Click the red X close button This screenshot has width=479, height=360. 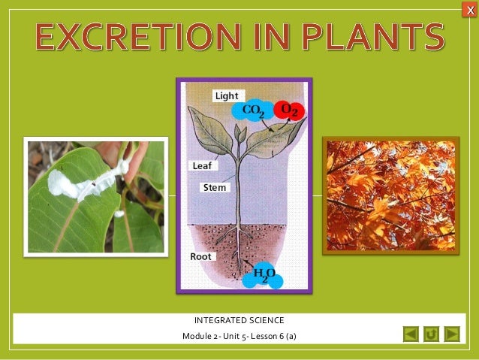click(470, 8)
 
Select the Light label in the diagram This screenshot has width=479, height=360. click(225, 96)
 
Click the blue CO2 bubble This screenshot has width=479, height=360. click(252, 111)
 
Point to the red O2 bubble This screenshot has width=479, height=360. click(289, 110)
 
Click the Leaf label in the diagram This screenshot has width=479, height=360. click(201, 165)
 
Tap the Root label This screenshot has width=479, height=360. click(200, 256)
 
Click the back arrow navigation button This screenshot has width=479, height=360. click(410, 333)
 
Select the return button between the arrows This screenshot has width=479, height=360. click(431, 333)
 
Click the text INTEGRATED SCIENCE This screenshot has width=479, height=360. click(239, 321)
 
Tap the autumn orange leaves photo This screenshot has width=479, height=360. click(390, 195)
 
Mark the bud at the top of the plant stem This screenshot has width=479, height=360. click(240, 133)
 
